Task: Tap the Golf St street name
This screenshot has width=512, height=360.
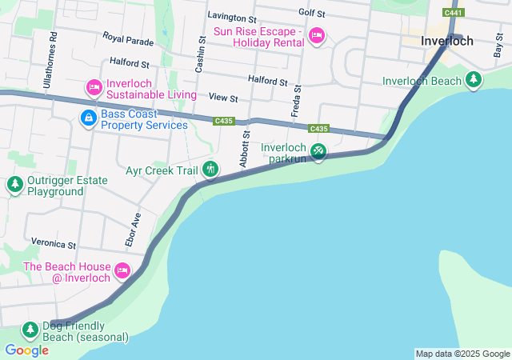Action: pyautogui.click(x=311, y=14)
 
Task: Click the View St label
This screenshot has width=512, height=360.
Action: pyautogui.click(x=223, y=98)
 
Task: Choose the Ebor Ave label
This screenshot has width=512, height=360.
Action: pyautogui.click(x=133, y=229)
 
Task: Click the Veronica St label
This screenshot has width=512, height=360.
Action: pyautogui.click(x=53, y=243)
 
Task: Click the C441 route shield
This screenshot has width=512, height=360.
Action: pyautogui.click(x=454, y=13)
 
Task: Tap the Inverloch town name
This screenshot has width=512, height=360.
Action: pyautogui.click(x=447, y=41)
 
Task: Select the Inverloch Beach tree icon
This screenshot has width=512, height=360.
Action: pyautogui.click(x=474, y=80)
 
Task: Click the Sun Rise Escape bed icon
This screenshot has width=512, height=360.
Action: pyautogui.click(x=316, y=35)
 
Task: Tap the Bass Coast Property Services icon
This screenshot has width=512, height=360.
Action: pyautogui.click(x=87, y=118)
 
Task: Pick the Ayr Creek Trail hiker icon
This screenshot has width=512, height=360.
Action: pyautogui.click(x=210, y=169)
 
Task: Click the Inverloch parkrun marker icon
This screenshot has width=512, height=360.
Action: pyautogui.click(x=318, y=150)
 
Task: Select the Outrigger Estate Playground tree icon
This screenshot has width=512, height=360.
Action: pyautogui.click(x=14, y=186)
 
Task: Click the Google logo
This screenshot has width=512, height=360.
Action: pyautogui.click(x=26, y=350)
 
